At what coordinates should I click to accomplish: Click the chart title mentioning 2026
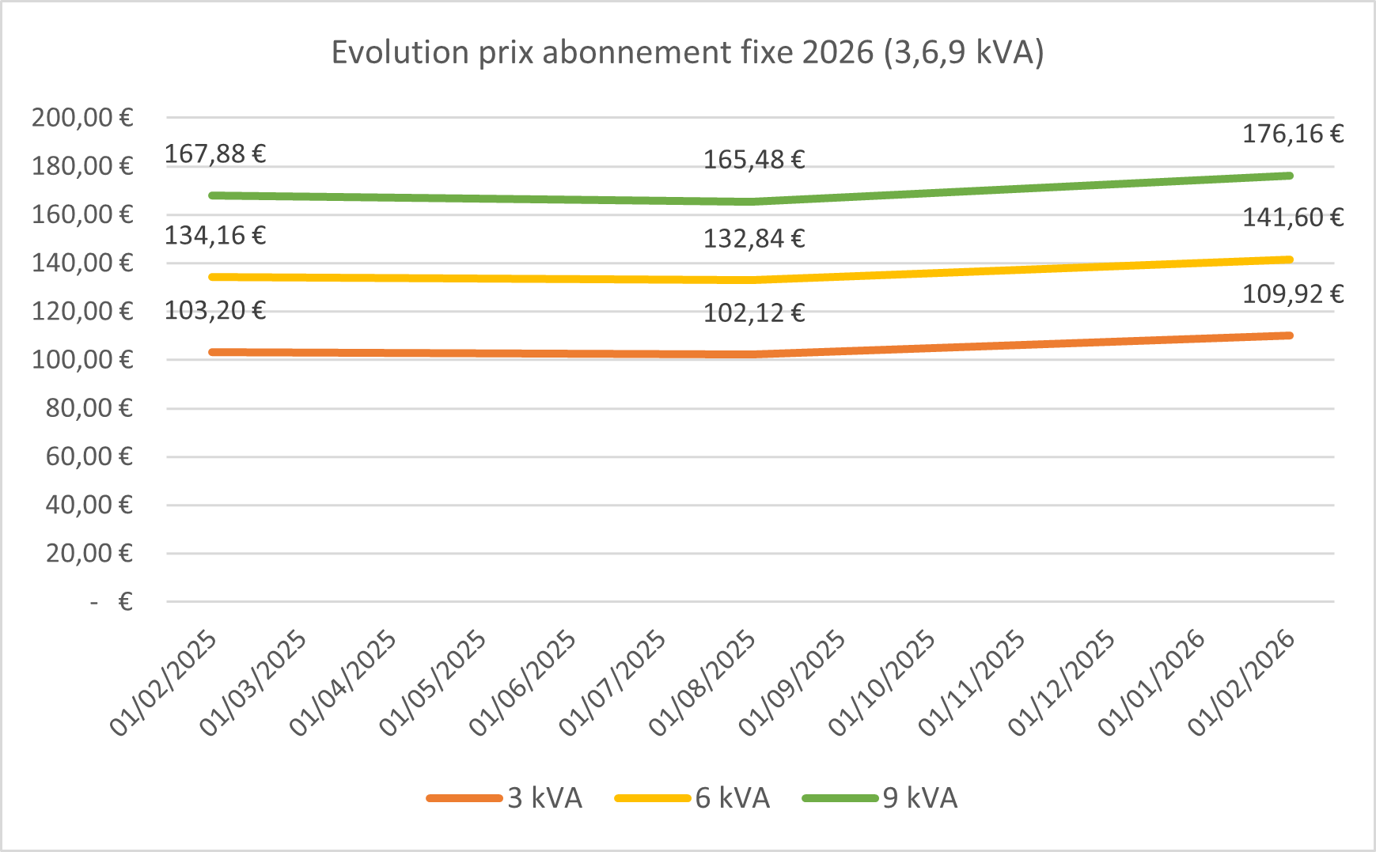[x=687, y=52]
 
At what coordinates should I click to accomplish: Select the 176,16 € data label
[x=1292, y=134]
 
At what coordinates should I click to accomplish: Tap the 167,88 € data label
[x=214, y=153]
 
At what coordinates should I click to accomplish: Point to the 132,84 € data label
[x=753, y=238]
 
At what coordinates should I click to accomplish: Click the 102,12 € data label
[x=753, y=313]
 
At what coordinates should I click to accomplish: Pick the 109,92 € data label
[x=1292, y=294]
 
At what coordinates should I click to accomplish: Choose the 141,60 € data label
[x=1292, y=218]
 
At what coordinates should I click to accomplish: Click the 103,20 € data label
[x=214, y=310]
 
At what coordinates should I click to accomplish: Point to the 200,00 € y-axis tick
[x=82, y=118]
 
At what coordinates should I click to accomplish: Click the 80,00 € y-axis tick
[x=89, y=408]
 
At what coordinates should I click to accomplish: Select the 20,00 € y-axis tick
[x=89, y=553]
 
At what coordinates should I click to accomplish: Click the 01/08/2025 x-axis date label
[x=703, y=684]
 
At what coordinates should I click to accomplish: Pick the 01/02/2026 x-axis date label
[x=1242, y=684]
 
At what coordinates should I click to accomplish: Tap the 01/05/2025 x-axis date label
[x=433, y=684]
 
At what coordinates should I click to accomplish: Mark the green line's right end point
[x=1290, y=176]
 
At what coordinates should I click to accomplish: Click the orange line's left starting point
[x=212, y=352]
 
